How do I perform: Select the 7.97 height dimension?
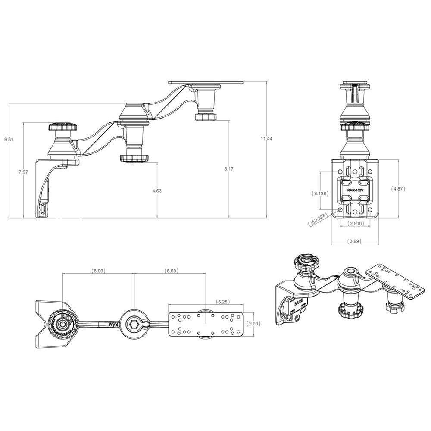point(23,172)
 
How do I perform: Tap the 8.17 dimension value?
point(228,169)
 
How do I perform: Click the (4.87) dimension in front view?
point(398,188)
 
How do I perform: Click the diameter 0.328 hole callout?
point(318,220)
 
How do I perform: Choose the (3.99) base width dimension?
point(354,241)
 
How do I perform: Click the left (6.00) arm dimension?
point(98,271)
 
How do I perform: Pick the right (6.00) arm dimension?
point(171,271)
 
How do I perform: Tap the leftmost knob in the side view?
point(63,128)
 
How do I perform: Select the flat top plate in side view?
point(206,81)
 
